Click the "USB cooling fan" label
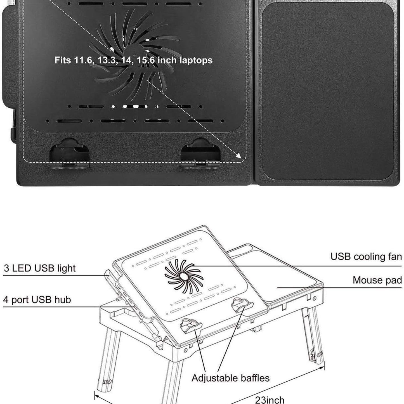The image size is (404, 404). [x=366, y=256]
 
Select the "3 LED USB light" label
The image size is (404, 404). [x=40, y=268]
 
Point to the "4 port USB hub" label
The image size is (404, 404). [x=37, y=300]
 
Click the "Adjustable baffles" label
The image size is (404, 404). [x=230, y=378]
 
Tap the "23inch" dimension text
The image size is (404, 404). [x=270, y=400]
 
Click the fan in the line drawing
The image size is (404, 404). [x=184, y=277]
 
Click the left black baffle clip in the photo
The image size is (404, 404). [x=69, y=154]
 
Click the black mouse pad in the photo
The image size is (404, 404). [x=328, y=91]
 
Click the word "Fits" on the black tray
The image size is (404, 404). [x=63, y=60]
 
